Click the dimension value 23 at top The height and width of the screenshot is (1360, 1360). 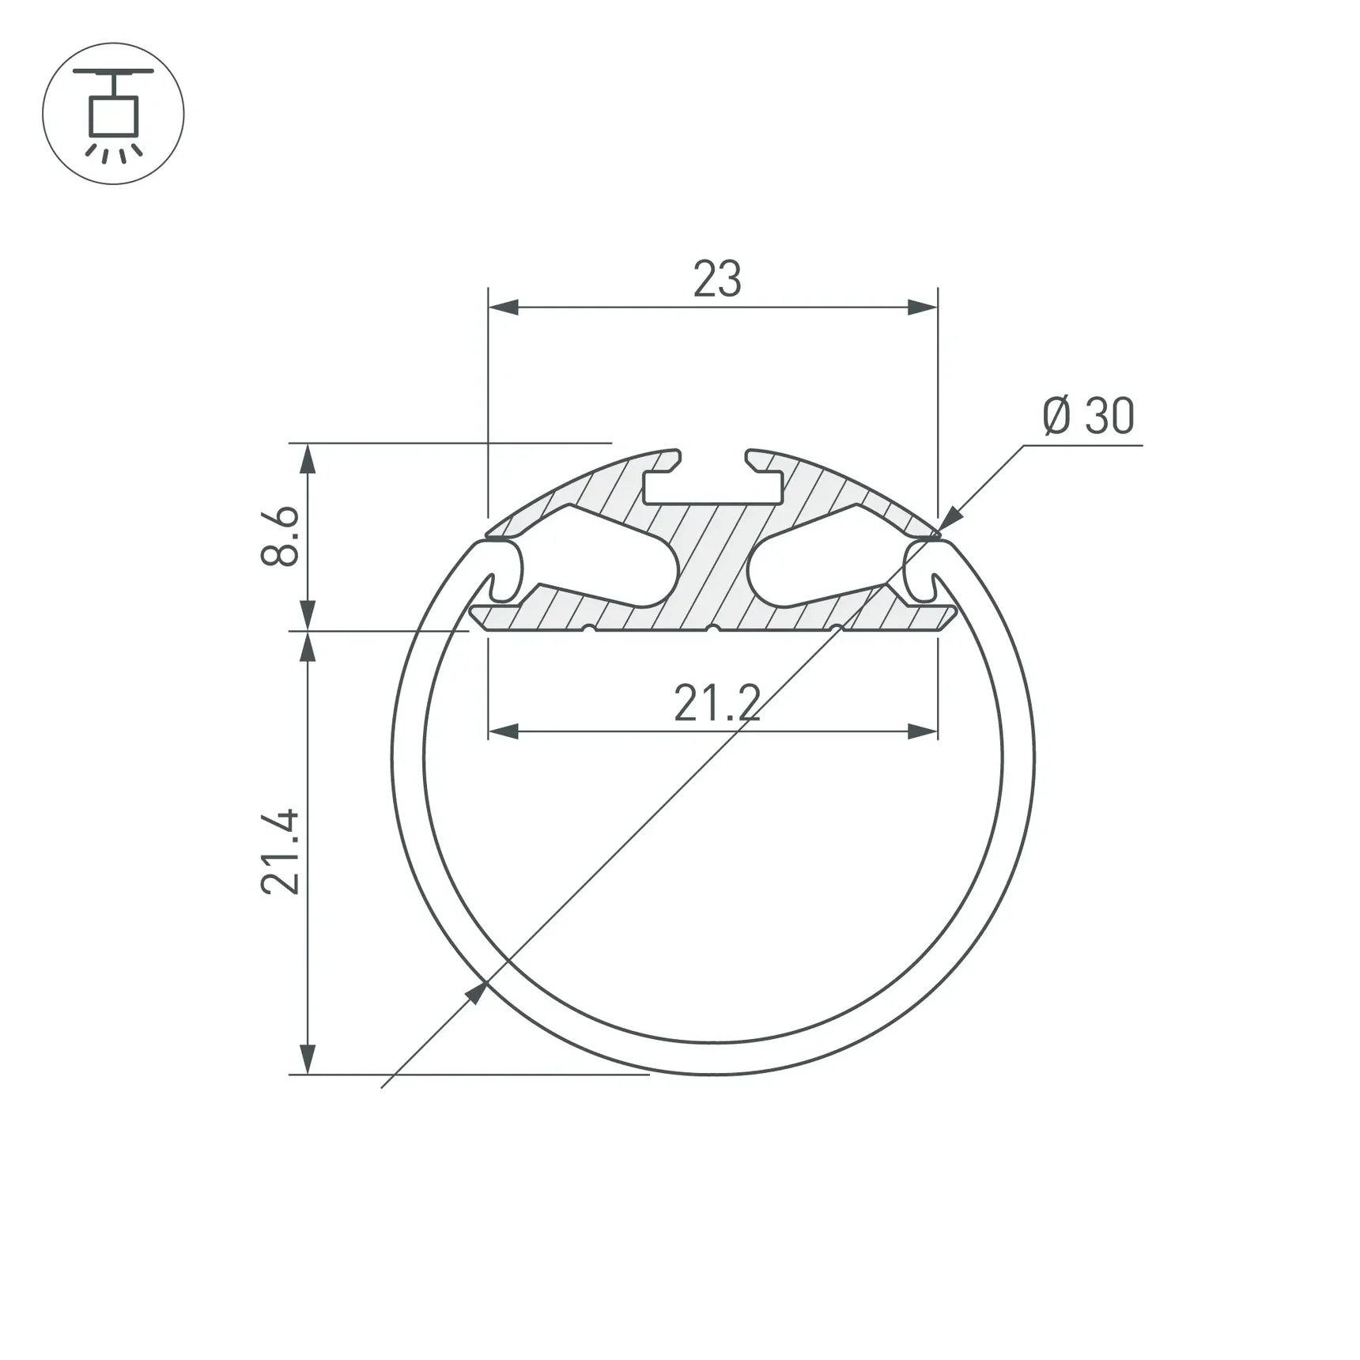point(717,279)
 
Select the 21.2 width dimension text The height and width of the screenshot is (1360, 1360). point(717,704)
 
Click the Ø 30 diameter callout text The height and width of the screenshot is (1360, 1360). point(1088,417)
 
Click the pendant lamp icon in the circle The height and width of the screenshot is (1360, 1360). point(113,114)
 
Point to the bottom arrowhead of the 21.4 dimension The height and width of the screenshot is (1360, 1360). point(308,1059)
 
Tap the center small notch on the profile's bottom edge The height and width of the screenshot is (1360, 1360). point(712,629)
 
